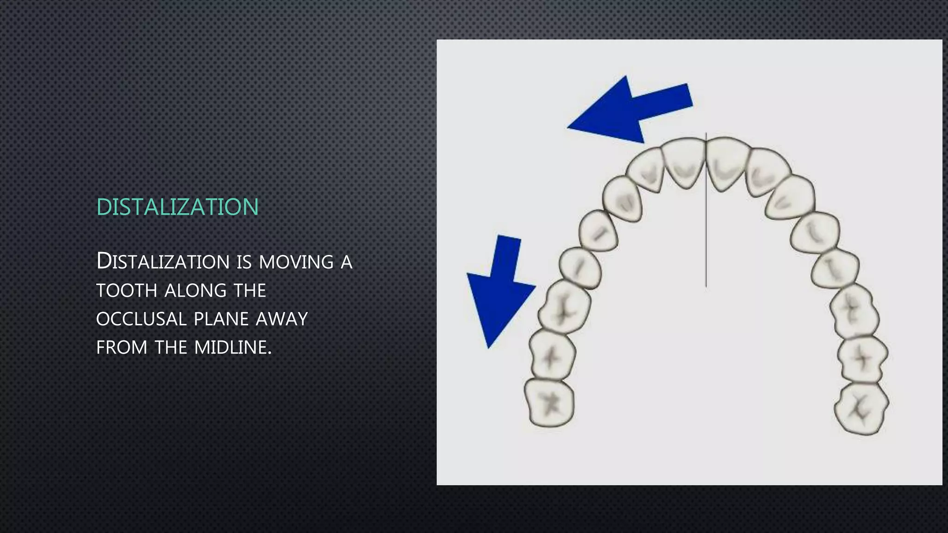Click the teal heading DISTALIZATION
177,207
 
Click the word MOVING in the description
296,262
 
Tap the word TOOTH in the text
126,291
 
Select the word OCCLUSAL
141,319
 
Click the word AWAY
282,319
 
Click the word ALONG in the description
195,291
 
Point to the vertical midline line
706,231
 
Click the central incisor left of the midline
684,162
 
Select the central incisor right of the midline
725,162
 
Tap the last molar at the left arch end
549,402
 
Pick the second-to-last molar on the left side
552,356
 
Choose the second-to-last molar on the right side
862,359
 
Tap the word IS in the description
243,262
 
